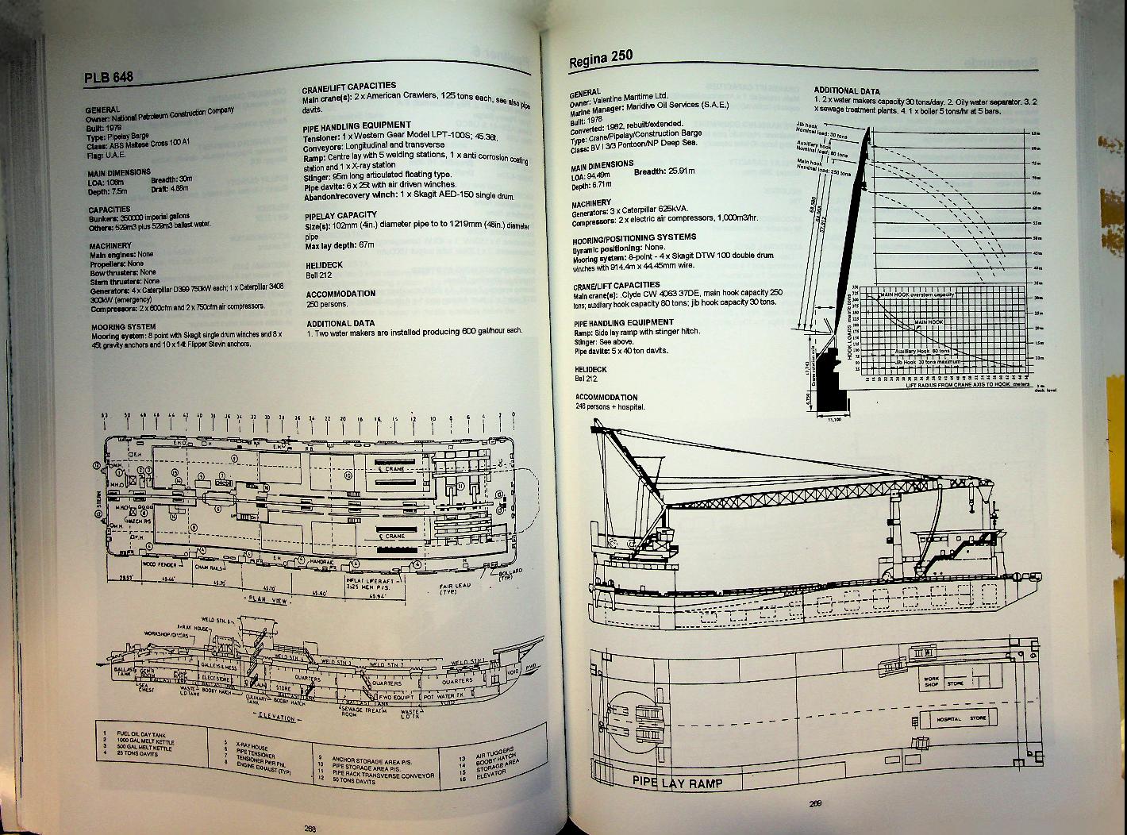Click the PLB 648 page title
click(x=109, y=77)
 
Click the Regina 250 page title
click(x=601, y=58)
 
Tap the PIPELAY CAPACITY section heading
click(x=340, y=216)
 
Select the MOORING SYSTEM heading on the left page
click(x=123, y=327)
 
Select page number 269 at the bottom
click(x=815, y=804)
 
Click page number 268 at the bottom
click(x=310, y=828)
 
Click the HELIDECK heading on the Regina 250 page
click(x=590, y=369)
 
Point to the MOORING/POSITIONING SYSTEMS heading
click(x=634, y=237)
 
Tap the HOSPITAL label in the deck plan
click(x=949, y=719)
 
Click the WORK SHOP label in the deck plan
click(x=932, y=682)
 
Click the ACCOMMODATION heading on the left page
click(x=340, y=294)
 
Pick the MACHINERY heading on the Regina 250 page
click(x=591, y=204)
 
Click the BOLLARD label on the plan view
click(x=510, y=574)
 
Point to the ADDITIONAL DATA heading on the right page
click(x=847, y=91)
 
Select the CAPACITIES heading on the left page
click(x=110, y=210)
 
